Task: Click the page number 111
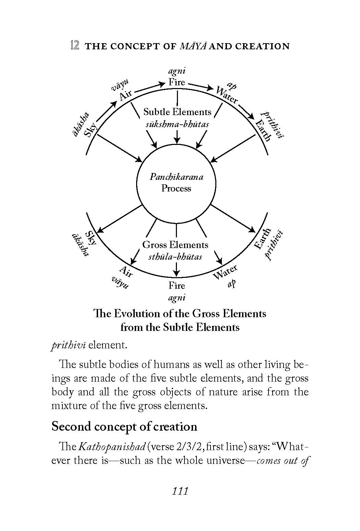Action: point(180,491)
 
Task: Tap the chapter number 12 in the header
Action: point(74,46)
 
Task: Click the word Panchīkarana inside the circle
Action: point(176,177)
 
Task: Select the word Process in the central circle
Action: point(176,188)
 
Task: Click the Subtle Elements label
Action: point(177,112)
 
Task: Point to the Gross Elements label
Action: point(175,245)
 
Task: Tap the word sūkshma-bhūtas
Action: point(177,124)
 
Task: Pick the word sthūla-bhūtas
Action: point(175,257)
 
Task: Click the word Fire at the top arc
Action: point(177,82)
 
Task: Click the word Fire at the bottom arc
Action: point(177,285)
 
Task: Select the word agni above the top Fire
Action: point(177,71)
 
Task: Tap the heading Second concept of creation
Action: point(124,427)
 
